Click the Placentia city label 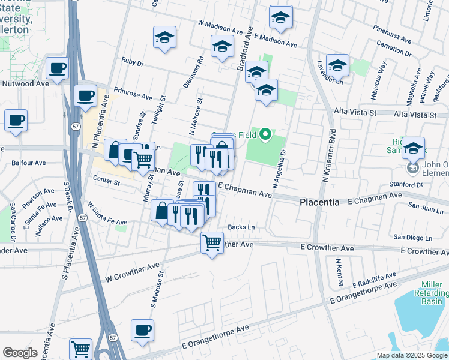pyautogui.click(x=319, y=203)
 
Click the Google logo pyautogui.click(x=20, y=353)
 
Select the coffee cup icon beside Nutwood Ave pyautogui.click(x=57, y=68)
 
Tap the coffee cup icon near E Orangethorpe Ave pyautogui.click(x=143, y=330)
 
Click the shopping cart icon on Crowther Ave pyautogui.click(x=212, y=243)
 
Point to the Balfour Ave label pyautogui.click(x=29, y=163)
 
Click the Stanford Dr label pyautogui.click(x=405, y=185)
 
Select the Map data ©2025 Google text pyautogui.click(x=412, y=355)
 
